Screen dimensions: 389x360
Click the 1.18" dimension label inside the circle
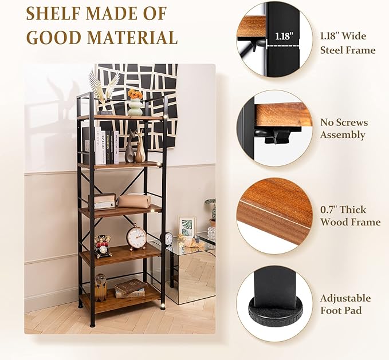click(x=284, y=37)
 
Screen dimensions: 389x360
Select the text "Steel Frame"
click(x=348, y=50)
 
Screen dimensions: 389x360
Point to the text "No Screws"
click(x=344, y=122)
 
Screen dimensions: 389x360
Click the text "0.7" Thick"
click(x=343, y=210)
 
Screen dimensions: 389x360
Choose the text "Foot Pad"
click(x=341, y=310)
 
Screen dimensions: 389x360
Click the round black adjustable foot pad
click(x=275, y=311)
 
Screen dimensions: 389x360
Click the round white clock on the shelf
click(x=136, y=236)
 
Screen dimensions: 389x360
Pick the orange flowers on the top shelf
click(x=135, y=94)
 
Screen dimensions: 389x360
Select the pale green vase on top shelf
click(x=135, y=107)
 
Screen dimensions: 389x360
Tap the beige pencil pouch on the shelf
click(x=134, y=201)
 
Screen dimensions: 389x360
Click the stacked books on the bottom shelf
click(x=130, y=289)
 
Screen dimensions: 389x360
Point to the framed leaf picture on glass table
click(x=187, y=227)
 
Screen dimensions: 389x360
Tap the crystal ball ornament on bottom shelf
click(x=100, y=287)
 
